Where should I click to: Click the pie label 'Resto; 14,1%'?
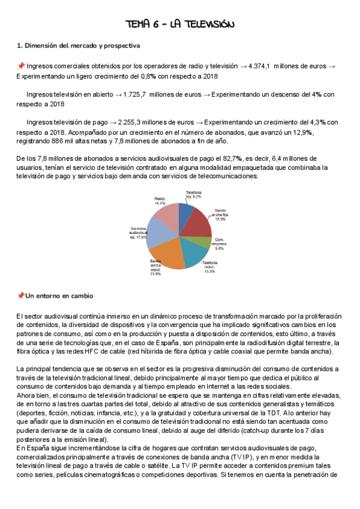pos(160,200)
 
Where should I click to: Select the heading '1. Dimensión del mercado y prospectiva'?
pos(79,45)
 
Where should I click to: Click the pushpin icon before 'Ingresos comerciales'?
pos(20,66)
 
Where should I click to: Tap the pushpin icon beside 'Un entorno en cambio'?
pos(20,295)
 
